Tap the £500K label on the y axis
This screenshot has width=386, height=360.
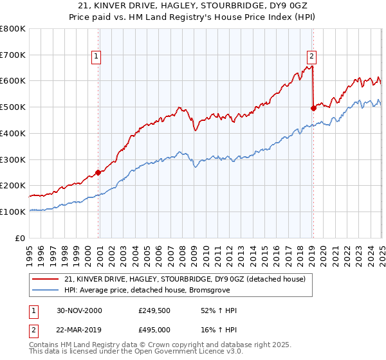(13, 107)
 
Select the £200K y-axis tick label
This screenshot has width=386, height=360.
(13, 185)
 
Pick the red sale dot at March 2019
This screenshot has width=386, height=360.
(313, 108)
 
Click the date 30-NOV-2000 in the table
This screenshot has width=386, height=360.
(78, 310)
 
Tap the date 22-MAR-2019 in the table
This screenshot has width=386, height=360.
(78, 329)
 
